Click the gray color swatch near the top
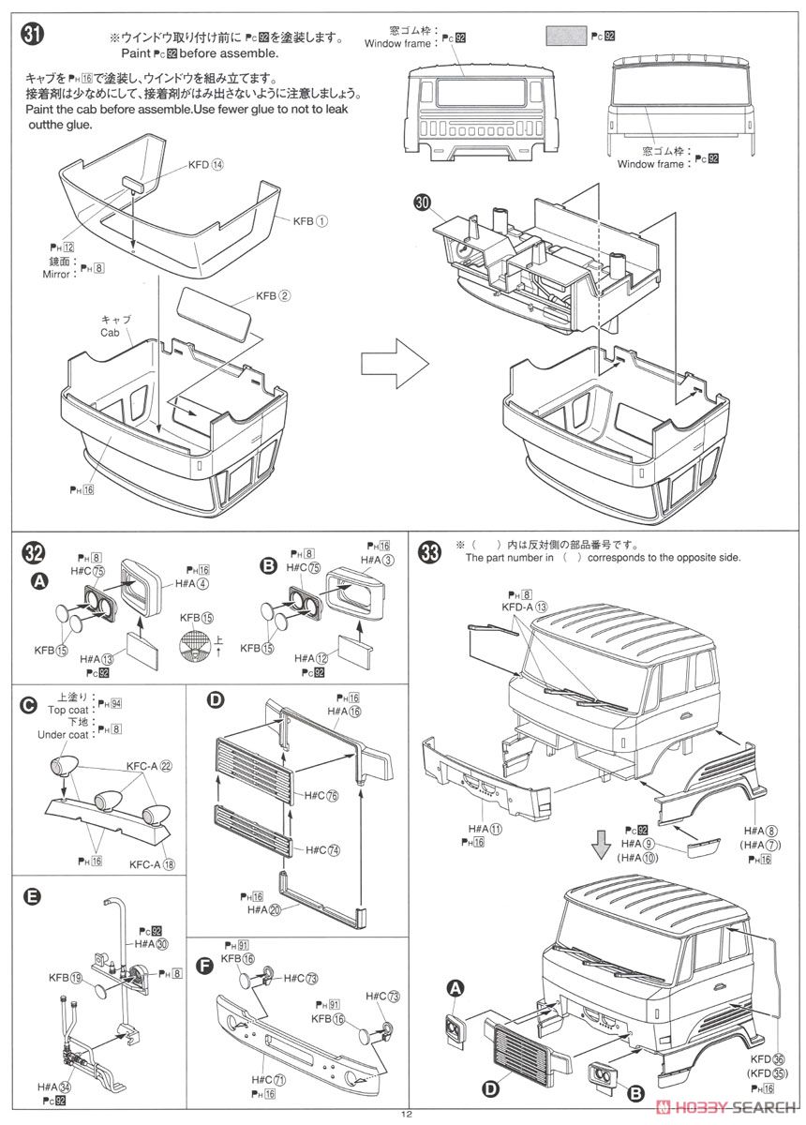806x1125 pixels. tap(565, 37)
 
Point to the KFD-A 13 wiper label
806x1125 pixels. tap(527, 607)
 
